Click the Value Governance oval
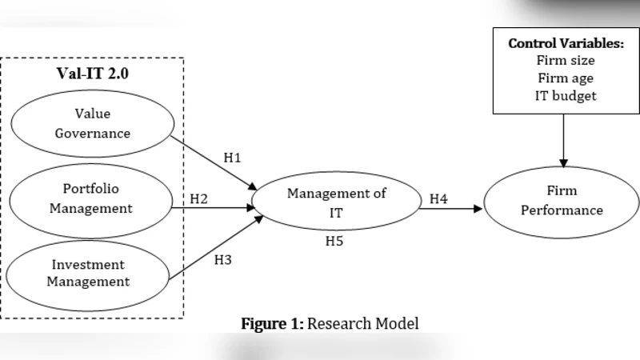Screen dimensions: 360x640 pos(92,124)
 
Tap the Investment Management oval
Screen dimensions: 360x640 pos(88,272)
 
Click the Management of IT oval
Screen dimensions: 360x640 pos(336,202)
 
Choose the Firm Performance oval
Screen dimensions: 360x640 pos(562,200)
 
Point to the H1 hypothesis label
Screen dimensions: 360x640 pos(232,158)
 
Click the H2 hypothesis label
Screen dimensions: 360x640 pos(199,198)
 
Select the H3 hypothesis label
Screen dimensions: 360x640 pos(223,259)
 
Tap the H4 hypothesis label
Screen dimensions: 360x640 pos(438,198)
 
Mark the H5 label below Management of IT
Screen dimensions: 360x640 pos(334,241)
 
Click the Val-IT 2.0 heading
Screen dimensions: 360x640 pos(91,73)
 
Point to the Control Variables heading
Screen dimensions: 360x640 pos(565,43)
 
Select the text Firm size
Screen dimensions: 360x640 pos(565,61)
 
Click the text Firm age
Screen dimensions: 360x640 pos(565,78)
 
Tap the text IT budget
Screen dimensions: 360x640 pos(565,96)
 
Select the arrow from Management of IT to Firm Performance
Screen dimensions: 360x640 pos(452,209)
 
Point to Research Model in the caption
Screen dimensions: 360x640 pos(363,324)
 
